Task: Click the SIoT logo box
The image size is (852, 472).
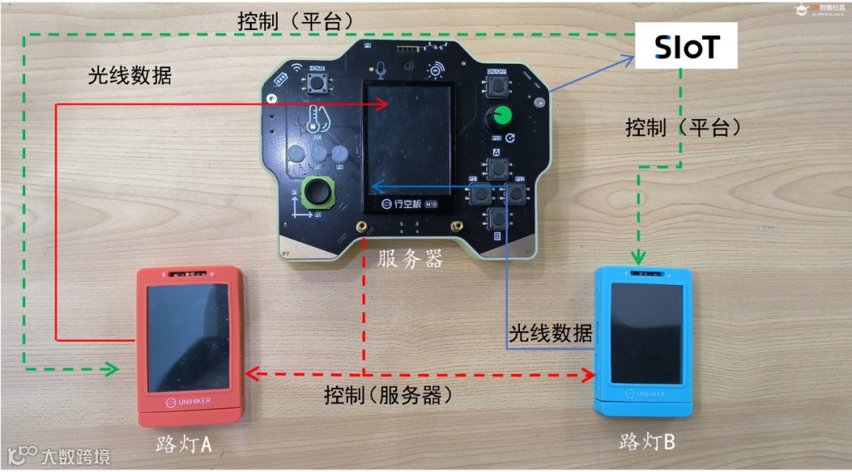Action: (686, 47)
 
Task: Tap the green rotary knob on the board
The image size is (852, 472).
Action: (499, 118)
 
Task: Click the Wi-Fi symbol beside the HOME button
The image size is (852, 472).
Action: (297, 69)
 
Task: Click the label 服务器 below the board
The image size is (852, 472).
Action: (409, 258)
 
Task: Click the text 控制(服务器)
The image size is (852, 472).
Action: (393, 395)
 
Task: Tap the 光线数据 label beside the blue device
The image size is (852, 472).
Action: (550, 333)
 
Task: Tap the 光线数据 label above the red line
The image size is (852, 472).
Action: (130, 76)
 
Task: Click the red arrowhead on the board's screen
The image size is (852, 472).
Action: (383, 103)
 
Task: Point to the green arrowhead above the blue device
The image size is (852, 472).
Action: (640, 257)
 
